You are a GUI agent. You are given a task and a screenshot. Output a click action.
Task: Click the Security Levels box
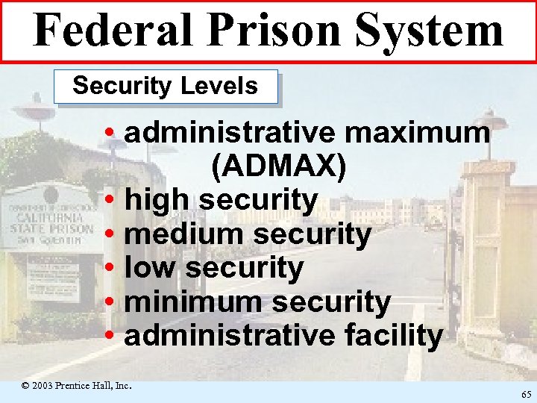[x=166, y=87]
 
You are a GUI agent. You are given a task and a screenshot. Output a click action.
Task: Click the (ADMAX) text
[x=278, y=167]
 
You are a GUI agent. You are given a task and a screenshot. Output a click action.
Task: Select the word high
[x=157, y=200]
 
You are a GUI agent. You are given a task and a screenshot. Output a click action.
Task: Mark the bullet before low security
[x=110, y=269]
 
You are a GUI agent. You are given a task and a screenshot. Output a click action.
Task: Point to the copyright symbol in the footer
[x=25, y=387]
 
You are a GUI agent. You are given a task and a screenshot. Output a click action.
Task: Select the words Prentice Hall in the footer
[x=87, y=386]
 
